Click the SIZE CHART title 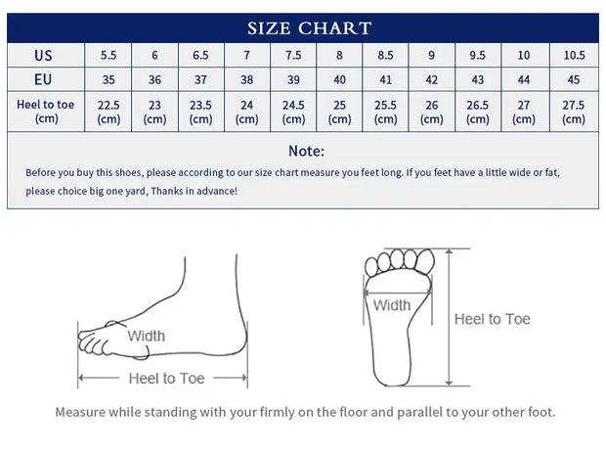point(309,28)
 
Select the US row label point(43,56)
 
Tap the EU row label point(43,79)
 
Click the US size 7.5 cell point(293,56)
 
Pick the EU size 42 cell point(432,80)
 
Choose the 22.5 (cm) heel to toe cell point(108,112)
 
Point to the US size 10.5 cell point(574,56)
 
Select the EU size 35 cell point(108,80)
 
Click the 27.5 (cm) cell point(574,112)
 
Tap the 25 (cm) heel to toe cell point(339,112)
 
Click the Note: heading point(307,151)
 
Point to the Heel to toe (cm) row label point(46,112)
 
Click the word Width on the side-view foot point(147,336)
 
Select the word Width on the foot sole point(392,305)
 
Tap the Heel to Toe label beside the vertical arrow point(492,319)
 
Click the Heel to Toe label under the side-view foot point(166,379)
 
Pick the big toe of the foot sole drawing point(425,261)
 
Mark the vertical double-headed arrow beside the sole point(449,317)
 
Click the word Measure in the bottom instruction point(80,412)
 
